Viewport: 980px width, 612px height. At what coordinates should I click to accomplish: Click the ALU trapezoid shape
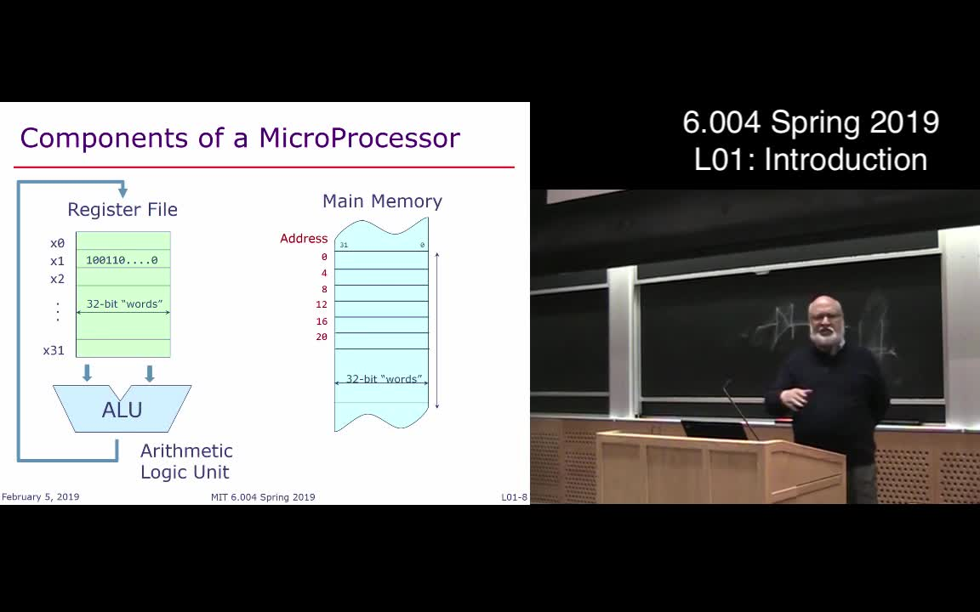[x=122, y=410]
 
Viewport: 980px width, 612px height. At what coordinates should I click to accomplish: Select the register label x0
[x=57, y=243]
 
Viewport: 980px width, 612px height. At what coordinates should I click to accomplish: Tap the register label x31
[x=54, y=350]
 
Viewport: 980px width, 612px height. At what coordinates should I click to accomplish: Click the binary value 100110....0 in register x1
[x=122, y=260]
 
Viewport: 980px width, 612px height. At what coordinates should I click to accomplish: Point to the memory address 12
[x=322, y=304]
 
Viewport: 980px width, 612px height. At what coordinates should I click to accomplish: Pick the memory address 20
[x=322, y=337]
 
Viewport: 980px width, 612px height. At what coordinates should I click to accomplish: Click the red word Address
[x=304, y=239]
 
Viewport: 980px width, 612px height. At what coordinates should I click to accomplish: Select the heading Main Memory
[x=382, y=201]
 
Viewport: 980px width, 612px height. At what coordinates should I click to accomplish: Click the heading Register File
[x=122, y=209]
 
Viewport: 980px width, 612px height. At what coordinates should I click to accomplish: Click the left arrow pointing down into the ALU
[x=87, y=372]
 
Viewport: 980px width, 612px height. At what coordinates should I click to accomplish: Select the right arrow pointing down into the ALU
[x=150, y=372]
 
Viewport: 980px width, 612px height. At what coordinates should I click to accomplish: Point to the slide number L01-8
[x=514, y=497]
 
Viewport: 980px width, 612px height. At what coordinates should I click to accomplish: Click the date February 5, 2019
[x=40, y=497]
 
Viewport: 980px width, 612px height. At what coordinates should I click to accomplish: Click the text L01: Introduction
[x=810, y=160]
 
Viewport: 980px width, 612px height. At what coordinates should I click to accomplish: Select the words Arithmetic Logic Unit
[x=186, y=462]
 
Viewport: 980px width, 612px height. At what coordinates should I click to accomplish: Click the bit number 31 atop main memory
[x=344, y=246]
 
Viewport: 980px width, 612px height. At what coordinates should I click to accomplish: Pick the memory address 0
[x=324, y=257]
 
